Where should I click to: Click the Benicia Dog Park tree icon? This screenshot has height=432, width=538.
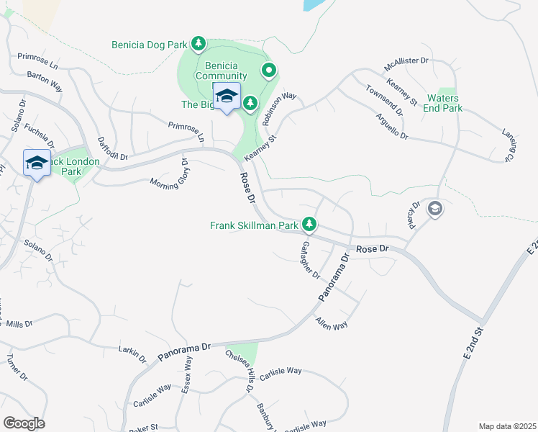[x=199, y=45]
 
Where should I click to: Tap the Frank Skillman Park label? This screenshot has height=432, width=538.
[x=254, y=225]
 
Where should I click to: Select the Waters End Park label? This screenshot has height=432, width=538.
[x=443, y=104]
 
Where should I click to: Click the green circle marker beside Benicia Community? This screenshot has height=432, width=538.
[x=268, y=71]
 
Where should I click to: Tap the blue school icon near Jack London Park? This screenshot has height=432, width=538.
[x=36, y=163]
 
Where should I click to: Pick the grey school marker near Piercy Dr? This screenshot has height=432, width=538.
[x=434, y=209]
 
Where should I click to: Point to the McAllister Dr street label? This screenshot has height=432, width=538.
[x=406, y=65]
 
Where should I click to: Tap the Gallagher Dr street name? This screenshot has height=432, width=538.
[x=310, y=260]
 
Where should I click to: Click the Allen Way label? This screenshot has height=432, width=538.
[x=332, y=325]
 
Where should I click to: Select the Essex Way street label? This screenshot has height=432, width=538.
[x=187, y=376]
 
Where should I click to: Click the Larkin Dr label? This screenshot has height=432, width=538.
[x=132, y=350]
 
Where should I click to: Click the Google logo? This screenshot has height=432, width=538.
[x=24, y=423]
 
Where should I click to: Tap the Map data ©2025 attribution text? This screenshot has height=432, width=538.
[x=507, y=426]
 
